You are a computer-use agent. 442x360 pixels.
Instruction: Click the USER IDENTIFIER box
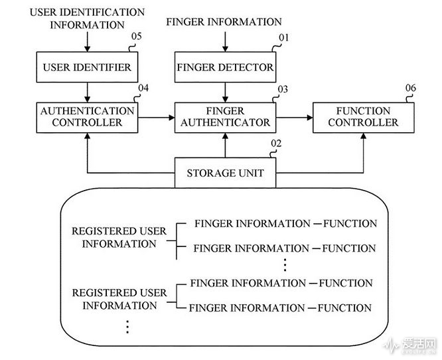coord(87,66)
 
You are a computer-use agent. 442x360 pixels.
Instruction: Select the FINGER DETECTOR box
coord(225,66)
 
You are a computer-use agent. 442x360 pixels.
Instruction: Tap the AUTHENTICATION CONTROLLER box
coord(87,116)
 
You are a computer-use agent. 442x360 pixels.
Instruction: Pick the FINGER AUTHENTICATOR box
coord(225,116)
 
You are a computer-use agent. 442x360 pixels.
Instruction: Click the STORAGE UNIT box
coord(225,173)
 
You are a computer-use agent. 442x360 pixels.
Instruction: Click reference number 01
coord(283,38)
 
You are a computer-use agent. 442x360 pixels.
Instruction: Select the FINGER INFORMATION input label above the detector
coord(225,22)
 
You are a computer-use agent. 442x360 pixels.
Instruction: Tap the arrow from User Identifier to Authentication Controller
coord(87,90)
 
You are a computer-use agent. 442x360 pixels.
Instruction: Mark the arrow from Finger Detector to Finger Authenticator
coord(225,90)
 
